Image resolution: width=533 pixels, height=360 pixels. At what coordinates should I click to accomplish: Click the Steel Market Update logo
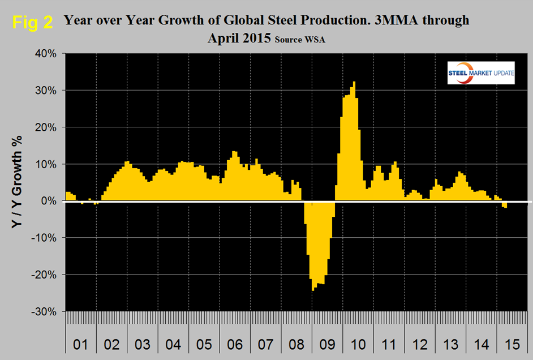[x=480, y=72]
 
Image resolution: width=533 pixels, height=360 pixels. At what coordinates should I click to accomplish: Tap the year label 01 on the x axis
[x=81, y=345]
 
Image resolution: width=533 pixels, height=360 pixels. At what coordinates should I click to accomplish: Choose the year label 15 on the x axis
[x=514, y=345]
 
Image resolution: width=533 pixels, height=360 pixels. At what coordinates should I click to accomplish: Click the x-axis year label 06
[x=235, y=345]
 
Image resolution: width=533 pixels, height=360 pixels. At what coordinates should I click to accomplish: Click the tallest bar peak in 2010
[x=354, y=83]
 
